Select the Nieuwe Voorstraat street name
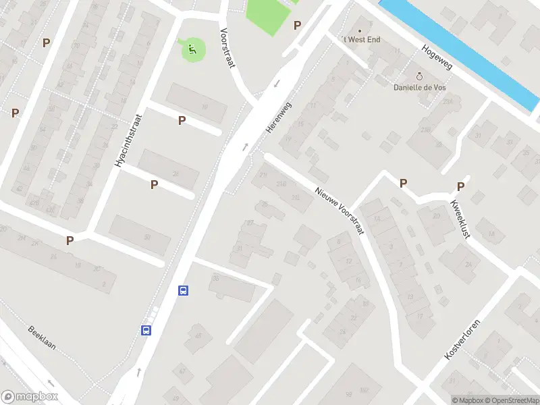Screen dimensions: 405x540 coord(340,210)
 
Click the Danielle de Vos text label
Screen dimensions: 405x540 coord(420,87)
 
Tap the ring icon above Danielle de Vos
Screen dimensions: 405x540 coord(420,76)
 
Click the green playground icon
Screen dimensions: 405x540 coord(192,48)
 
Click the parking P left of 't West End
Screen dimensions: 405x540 coord(297,26)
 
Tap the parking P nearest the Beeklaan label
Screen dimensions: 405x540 coord(70,240)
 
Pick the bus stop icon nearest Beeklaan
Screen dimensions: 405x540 coord(145,330)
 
